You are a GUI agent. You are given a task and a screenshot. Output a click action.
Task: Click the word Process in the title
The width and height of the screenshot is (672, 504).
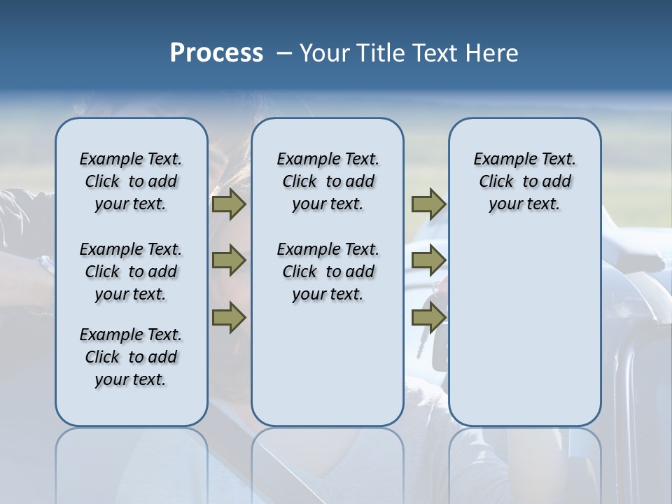coord(216,53)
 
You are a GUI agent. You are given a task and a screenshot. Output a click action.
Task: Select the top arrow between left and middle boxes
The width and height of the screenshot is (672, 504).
coord(229,204)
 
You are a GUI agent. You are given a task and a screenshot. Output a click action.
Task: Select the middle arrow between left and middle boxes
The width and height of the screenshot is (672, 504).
coord(229,260)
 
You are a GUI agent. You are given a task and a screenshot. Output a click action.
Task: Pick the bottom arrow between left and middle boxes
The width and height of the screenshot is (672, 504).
coord(229,317)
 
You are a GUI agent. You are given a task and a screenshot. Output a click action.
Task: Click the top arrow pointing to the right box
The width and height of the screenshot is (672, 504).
coord(428,204)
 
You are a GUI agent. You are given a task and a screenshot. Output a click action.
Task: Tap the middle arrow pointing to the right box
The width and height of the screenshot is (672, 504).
coord(428,260)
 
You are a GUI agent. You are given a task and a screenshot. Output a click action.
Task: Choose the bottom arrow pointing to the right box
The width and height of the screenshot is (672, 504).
coord(428,317)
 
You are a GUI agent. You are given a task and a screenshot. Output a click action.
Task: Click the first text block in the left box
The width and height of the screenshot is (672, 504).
coord(131,181)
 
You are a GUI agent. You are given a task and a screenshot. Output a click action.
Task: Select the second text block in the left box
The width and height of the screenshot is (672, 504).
coord(131,272)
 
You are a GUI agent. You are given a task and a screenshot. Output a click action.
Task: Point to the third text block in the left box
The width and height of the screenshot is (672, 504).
coord(131,357)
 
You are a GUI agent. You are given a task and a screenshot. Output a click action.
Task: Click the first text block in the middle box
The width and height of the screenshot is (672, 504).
coord(328,181)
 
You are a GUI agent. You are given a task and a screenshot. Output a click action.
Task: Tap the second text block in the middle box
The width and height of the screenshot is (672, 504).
coord(328,272)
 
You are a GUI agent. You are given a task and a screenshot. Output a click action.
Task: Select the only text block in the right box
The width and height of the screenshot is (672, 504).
coord(524,181)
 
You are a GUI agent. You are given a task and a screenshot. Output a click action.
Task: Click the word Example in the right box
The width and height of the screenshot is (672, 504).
coord(500,160)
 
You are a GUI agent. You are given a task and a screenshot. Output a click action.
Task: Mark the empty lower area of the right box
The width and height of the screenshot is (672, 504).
coord(524,329)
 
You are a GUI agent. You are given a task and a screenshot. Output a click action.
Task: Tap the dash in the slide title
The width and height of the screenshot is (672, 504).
coord(283,53)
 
